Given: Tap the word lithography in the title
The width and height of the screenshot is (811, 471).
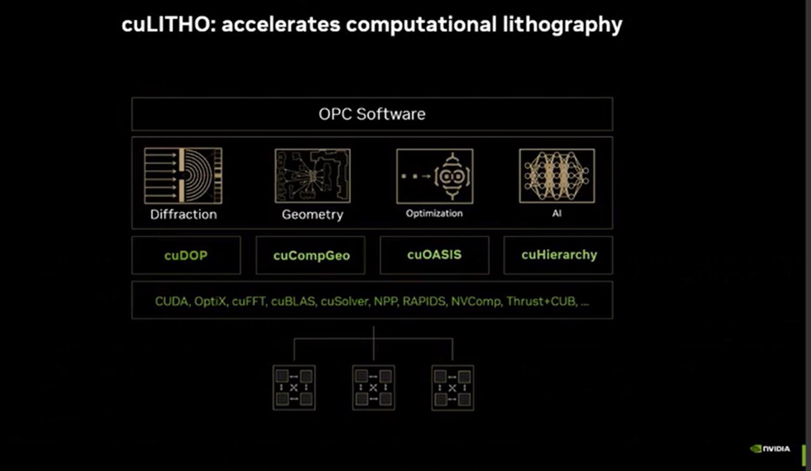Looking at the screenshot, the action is [562, 25].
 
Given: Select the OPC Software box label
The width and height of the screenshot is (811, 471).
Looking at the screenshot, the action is [372, 114].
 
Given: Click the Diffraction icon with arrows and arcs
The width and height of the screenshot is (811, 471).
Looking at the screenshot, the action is [183, 175].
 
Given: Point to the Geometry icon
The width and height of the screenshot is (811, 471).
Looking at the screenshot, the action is [312, 175].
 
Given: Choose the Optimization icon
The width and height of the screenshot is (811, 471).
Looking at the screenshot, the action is [435, 176].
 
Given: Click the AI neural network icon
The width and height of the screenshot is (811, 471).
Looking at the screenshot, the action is [557, 175].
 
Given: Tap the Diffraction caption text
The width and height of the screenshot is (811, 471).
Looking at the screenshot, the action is [184, 214].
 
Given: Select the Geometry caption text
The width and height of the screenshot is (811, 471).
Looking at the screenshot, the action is [312, 215].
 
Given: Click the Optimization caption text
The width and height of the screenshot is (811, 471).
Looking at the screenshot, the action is [434, 213].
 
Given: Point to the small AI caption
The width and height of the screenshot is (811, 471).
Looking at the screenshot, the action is [557, 213].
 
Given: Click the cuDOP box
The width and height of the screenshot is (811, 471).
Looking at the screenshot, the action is [186, 255].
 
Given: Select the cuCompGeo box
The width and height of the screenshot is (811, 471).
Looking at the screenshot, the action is [311, 255].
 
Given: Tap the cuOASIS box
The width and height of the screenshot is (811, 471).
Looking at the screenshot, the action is [435, 255].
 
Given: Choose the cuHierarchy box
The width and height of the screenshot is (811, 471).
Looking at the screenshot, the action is [558, 255].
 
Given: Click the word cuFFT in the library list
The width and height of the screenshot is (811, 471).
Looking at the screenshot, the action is [249, 301].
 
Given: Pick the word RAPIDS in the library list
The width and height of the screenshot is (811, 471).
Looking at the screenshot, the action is [424, 301].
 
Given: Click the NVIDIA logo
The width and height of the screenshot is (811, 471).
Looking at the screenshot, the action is [770, 449].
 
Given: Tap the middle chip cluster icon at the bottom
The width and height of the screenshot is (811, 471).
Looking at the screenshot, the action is [373, 388].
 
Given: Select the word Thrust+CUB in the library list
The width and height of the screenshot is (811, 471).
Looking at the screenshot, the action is [541, 301].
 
